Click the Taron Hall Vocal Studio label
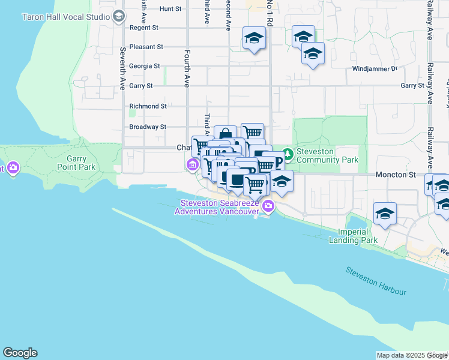(66, 17)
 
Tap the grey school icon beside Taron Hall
(119, 16)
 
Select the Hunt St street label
(170, 9)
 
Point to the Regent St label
(143, 28)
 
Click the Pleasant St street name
(146, 46)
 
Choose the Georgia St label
(145, 66)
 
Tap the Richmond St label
(148, 106)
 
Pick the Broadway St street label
(147, 127)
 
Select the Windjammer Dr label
(375, 68)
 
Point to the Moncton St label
(396, 175)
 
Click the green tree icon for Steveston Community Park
(288, 155)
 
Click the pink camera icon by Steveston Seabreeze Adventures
(268, 207)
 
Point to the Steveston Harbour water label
(376, 281)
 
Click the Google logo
(20, 353)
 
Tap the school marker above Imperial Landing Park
(385, 214)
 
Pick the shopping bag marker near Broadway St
(225, 135)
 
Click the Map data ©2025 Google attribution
(412, 355)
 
